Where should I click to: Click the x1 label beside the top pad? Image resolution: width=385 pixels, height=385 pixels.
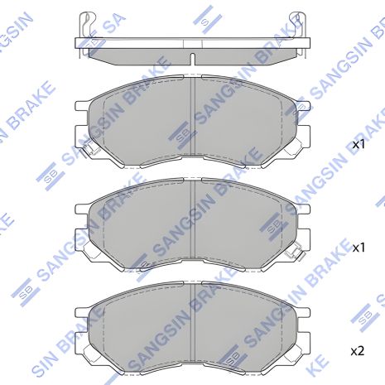359,144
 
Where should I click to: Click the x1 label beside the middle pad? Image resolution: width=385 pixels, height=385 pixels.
359,248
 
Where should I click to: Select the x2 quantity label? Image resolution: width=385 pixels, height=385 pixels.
358,351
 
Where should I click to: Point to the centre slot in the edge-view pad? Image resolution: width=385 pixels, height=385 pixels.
193,59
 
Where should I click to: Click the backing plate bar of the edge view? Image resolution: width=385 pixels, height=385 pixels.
193,43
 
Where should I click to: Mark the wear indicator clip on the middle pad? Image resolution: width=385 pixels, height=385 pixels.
294,253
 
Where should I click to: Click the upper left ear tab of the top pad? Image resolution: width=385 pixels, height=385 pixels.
83,107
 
